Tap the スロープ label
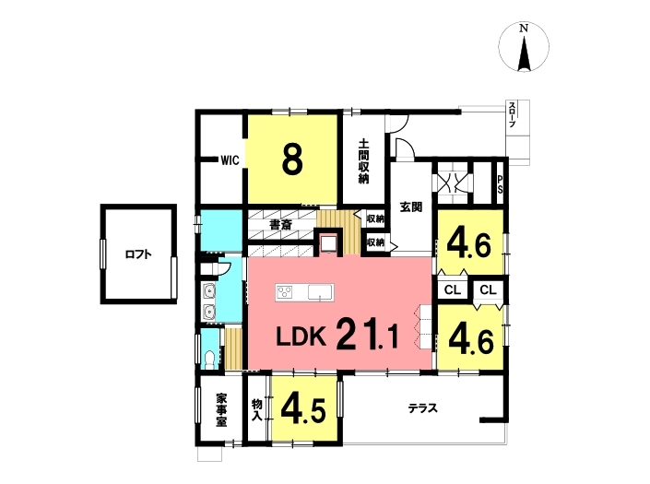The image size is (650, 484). tap(513, 114)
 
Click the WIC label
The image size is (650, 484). tap(230, 160)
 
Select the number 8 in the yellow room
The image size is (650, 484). tap(292, 159)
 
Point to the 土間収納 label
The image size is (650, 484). tap(363, 161)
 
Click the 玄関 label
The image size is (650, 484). tap(411, 207)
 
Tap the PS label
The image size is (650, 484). tap(500, 184)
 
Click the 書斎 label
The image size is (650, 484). tap(280, 225)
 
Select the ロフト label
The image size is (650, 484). tap(138, 254)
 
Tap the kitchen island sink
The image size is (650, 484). tap(320, 291)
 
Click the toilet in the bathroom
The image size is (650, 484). tap(210, 360)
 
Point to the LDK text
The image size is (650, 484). tap(301, 337)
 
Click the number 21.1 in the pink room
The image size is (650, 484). tap(367, 335)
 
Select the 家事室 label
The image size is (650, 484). tap(221, 410)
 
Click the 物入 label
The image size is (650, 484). tap(257, 410)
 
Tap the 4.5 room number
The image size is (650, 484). tap(303, 410)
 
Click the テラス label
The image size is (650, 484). tap(423, 408)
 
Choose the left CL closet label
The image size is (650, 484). tap(453, 290)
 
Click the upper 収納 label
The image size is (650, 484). tap(375, 218)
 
